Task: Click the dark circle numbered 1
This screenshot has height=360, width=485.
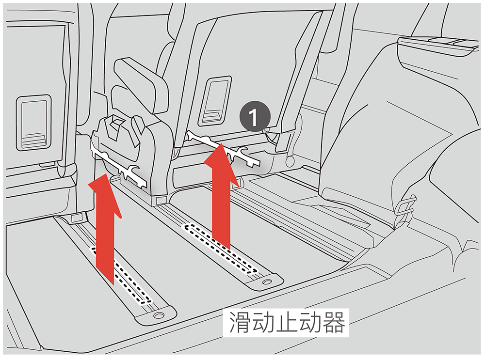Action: pos(255,116)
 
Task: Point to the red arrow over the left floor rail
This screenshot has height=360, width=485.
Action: pos(105,229)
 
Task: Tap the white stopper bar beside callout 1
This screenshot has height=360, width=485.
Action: pos(223,149)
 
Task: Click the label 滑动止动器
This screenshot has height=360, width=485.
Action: pos(287,322)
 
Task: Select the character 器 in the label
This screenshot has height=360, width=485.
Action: pos(334,322)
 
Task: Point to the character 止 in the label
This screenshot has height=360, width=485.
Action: pos(287,322)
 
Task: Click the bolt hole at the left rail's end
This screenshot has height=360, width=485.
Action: pos(159,315)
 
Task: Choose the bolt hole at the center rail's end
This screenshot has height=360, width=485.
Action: pos(267,282)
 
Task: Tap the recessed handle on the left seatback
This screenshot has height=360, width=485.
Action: pos(34,123)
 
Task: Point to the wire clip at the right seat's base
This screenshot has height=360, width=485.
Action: pos(405,208)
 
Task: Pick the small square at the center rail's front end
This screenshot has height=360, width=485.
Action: pos(161,200)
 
